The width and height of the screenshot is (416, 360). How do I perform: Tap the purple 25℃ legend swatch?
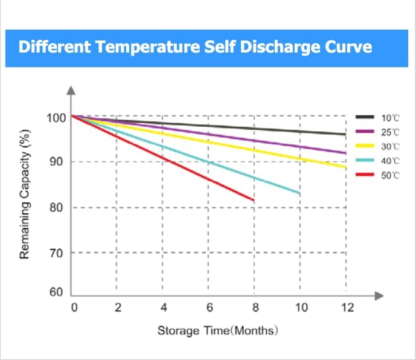coord(365,132)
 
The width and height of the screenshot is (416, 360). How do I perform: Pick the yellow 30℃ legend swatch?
coord(365,146)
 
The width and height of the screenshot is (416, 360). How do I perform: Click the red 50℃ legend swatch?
coord(365,175)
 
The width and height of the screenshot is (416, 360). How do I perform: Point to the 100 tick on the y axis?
coord(56,117)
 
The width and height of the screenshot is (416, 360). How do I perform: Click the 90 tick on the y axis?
coord(58,162)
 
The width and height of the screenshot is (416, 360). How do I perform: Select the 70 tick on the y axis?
coord(58,252)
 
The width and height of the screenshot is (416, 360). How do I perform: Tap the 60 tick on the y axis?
coord(58,292)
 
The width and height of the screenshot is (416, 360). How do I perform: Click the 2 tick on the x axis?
coord(118,308)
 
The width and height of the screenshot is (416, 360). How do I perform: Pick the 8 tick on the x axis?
coord(255,308)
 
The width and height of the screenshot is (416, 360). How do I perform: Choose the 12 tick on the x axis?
coord(346,308)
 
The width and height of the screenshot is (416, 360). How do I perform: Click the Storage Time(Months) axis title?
coord(217,331)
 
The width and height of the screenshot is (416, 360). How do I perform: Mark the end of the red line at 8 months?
coord(254,200)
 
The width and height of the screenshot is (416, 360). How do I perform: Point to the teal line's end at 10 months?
coord(299,193)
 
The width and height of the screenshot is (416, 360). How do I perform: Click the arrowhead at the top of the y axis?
coord(72,91)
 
